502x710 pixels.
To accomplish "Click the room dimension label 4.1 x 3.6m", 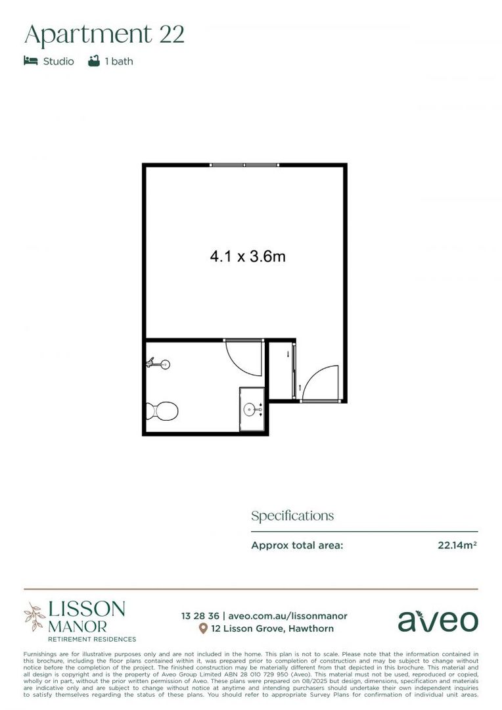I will (247, 256).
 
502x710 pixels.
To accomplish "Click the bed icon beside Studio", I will (30, 61).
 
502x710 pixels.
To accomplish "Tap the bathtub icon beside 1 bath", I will (94, 61).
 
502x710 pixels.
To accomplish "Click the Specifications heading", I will (292, 516).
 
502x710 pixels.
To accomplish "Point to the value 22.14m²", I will (457, 545).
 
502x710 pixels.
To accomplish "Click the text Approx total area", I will (297, 545).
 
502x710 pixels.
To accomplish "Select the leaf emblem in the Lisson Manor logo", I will (34, 617).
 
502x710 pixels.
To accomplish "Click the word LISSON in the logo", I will (86, 609).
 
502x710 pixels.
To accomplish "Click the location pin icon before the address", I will (203, 629).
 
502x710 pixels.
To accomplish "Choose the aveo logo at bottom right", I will (438, 621).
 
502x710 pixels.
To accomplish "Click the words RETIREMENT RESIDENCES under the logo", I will (91, 639).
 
